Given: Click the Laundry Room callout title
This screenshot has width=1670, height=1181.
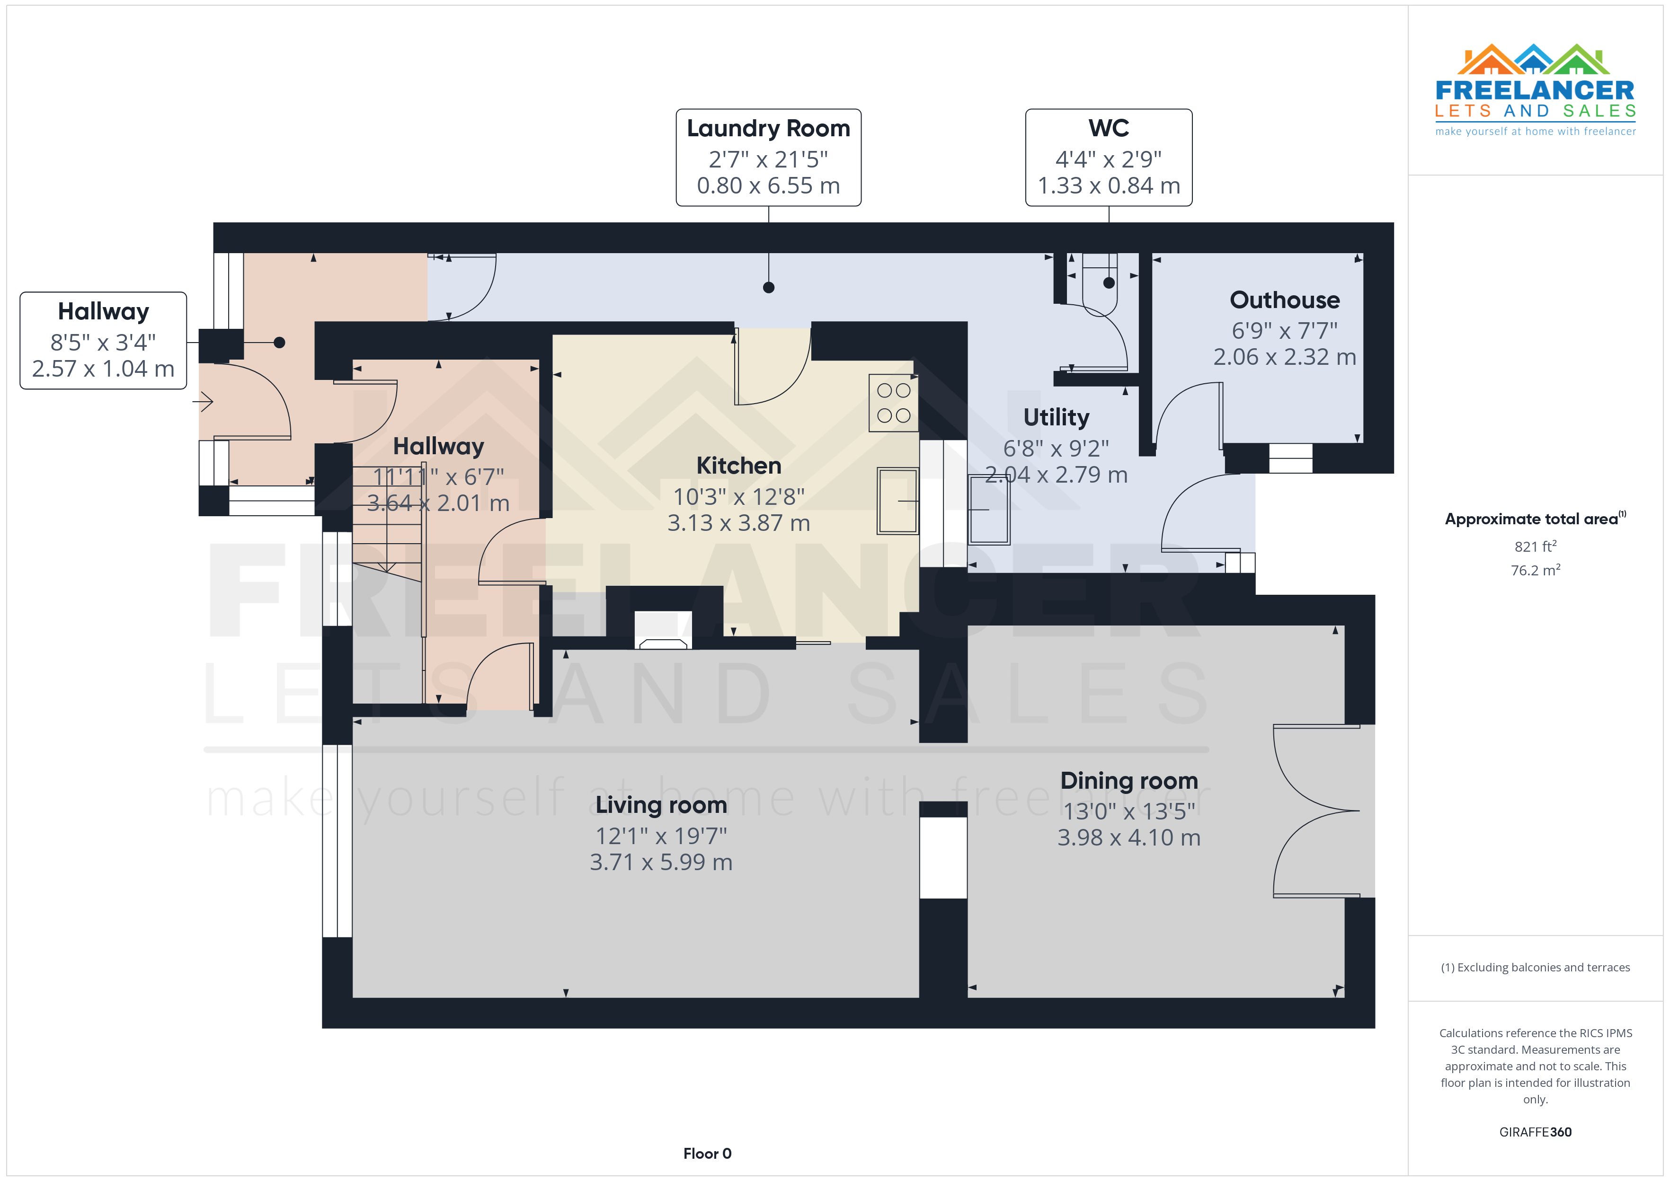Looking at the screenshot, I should pos(768,128).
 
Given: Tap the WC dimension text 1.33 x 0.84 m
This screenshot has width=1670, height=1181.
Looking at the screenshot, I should pos(1109,185).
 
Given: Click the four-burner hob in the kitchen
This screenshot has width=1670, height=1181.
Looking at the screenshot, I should pos(893,402).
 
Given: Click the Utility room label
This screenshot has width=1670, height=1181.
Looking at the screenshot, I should pos(1056,417).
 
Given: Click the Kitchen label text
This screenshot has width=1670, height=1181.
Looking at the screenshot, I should pos(738,466).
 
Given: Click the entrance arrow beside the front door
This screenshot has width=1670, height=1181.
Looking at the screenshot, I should pos(203,401).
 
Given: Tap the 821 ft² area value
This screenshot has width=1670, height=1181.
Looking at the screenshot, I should pos(1535,546).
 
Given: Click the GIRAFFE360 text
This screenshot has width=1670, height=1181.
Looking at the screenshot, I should pos(1535,1132).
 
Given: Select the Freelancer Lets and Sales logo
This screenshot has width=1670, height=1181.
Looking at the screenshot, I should pos(1535,90).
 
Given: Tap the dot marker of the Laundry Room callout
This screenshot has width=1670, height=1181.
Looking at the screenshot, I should pos(768,287).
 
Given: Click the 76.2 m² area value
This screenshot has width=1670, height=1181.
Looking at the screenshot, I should pos(1535,570).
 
